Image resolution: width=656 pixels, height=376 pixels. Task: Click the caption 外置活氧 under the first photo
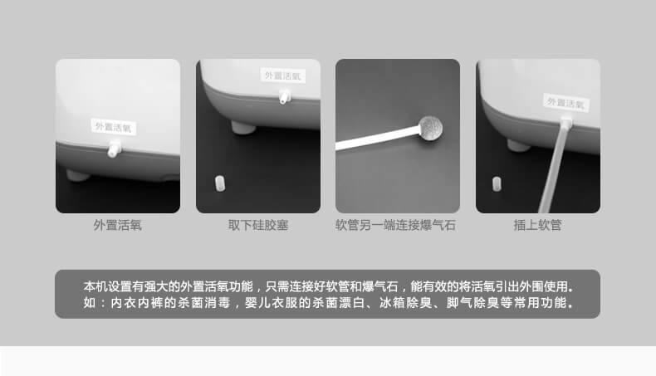pyautogui.click(x=117, y=225)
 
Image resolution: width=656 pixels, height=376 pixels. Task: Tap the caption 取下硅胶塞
pyautogui.click(x=258, y=225)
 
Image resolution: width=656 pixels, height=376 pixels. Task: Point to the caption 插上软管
pyautogui.click(x=538, y=225)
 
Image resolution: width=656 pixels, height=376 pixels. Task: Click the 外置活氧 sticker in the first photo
pyautogui.click(x=113, y=127)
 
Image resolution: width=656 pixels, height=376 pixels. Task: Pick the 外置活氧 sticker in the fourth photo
pyautogui.click(x=566, y=103)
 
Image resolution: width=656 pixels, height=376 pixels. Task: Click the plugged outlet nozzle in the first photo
pyautogui.click(x=114, y=150)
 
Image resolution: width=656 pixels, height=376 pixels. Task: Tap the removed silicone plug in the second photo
pyautogui.click(x=220, y=182)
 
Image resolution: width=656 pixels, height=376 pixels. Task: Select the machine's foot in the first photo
pyautogui.click(x=77, y=175)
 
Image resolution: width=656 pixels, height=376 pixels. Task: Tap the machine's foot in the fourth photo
pyautogui.click(x=518, y=145)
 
